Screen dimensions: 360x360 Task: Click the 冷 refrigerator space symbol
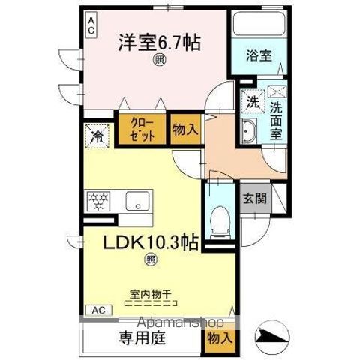tap(97, 136)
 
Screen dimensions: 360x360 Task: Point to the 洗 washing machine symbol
tap(250, 100)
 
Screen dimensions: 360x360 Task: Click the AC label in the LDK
tap(97, 309)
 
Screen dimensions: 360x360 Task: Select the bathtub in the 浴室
tap(259, 24)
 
